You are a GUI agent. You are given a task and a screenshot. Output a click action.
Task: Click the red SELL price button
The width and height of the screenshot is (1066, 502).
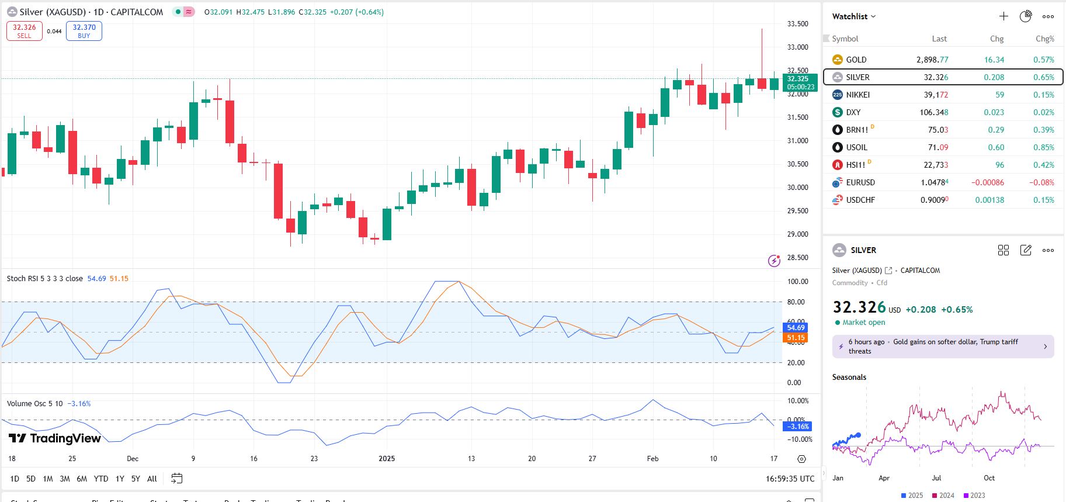click(x=25, y=31)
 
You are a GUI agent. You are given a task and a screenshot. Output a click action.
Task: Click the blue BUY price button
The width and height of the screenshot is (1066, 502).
click(x=84, y=31)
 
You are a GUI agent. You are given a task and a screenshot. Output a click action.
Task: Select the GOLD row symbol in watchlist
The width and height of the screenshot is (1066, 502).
click(x=856, y=60)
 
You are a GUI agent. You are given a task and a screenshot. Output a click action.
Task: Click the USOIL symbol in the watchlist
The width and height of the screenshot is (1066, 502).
click(x=856, y=147)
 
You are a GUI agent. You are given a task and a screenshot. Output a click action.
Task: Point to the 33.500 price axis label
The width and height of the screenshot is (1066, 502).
click(x=797, y=24)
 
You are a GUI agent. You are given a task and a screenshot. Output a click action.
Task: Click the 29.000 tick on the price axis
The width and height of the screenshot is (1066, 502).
click(x=797, y=234)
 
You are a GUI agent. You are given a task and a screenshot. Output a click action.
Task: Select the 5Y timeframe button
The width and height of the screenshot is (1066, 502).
click(x=136, y=479)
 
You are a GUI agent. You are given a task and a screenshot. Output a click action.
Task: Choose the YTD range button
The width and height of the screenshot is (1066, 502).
click(x=101, y=479)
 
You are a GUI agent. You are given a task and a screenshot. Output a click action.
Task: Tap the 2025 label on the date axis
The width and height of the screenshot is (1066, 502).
click(x=387, y=459)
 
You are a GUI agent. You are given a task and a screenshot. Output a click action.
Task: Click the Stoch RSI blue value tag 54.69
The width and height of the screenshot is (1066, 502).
click(x=796, y=328)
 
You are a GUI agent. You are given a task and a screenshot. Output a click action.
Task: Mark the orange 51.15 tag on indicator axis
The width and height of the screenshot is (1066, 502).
click(x=796, y=338)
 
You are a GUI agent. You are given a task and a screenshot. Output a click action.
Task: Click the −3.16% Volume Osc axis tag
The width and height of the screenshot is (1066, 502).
click(x=798, y=427)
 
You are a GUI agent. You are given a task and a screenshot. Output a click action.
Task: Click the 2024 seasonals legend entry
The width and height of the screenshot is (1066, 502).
click(x=943, y=496)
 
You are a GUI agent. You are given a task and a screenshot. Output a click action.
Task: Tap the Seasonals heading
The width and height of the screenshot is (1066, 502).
click(x=849, y=377)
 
